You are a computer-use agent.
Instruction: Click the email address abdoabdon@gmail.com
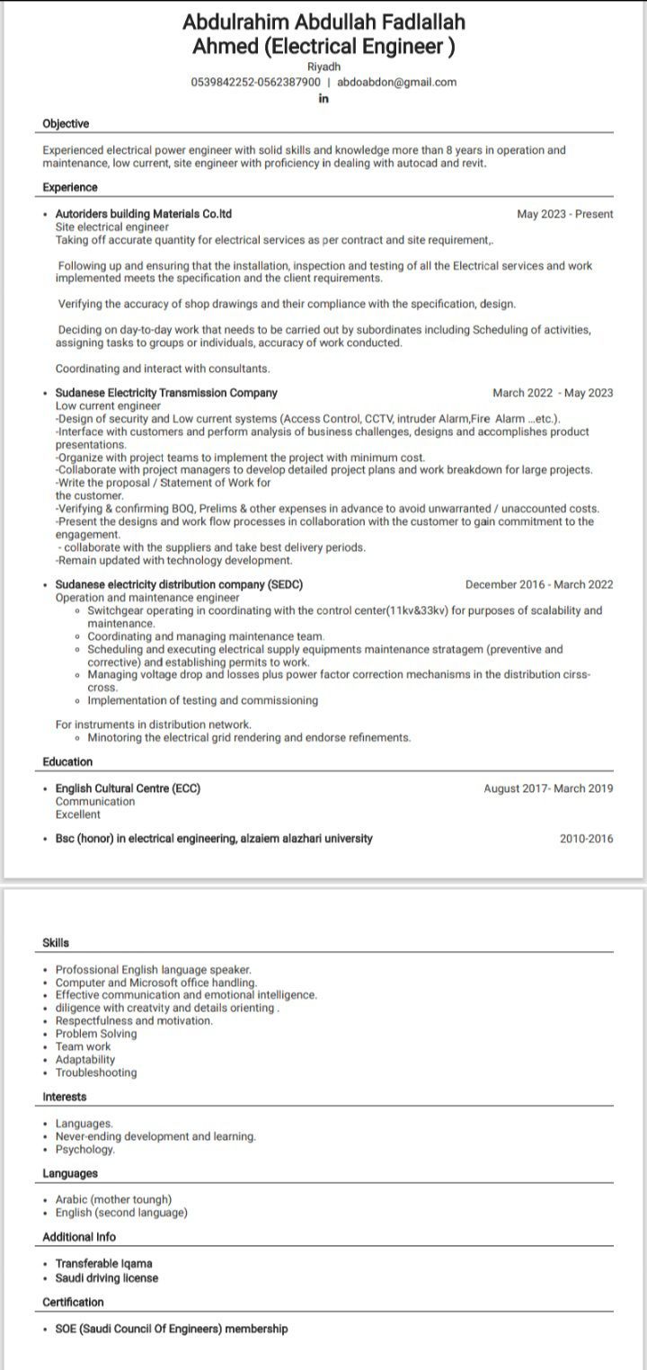[396, 82]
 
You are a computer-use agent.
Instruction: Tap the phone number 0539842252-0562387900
[255, 82]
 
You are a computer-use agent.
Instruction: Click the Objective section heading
[66, 124]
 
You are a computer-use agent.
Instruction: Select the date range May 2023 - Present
[565, 214]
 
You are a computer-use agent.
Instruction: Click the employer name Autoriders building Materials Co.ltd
[144, 214]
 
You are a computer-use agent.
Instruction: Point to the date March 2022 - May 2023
[553, 393]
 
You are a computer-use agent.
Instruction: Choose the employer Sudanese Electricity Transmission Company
[166, 393]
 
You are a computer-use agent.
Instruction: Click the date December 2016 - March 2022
[539, 584]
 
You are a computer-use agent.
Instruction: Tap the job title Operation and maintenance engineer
[147, 597]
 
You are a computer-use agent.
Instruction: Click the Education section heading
[67, 762]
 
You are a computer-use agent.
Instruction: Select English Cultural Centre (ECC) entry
[128, 788]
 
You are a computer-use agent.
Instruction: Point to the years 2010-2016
[586, 839]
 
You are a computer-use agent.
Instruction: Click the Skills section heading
[56, 943]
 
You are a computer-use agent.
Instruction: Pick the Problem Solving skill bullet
[96, 1034]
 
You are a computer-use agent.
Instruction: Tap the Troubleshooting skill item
[96, 1072]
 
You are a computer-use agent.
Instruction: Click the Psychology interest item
[85, 1149]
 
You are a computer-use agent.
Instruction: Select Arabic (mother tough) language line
[113, 1199]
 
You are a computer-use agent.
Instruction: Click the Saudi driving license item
[107, 1277]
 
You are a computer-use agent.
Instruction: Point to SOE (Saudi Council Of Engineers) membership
[172, 1329]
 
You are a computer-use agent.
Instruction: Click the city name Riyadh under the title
[323, 67]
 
